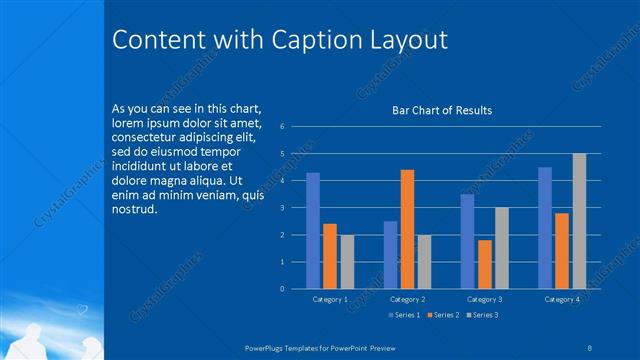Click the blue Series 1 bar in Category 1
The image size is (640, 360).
pos(313,230)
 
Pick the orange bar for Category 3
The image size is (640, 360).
pos(485,264)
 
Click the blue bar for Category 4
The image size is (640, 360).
pos(545,227)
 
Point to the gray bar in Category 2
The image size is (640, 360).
pos(424,261)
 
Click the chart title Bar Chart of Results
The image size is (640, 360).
pos(441,110)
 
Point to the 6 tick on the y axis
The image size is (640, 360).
pos(283,127)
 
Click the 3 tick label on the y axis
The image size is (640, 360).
pos(283,208)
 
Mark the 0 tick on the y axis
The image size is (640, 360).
pos(283,289)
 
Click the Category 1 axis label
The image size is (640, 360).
pos(330,299)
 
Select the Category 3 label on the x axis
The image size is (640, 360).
pos(484,299)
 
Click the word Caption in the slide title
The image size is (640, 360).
pos(293,39)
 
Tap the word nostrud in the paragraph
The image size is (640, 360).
pos(135,208)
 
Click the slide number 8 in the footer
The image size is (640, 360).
pos(590,347)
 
